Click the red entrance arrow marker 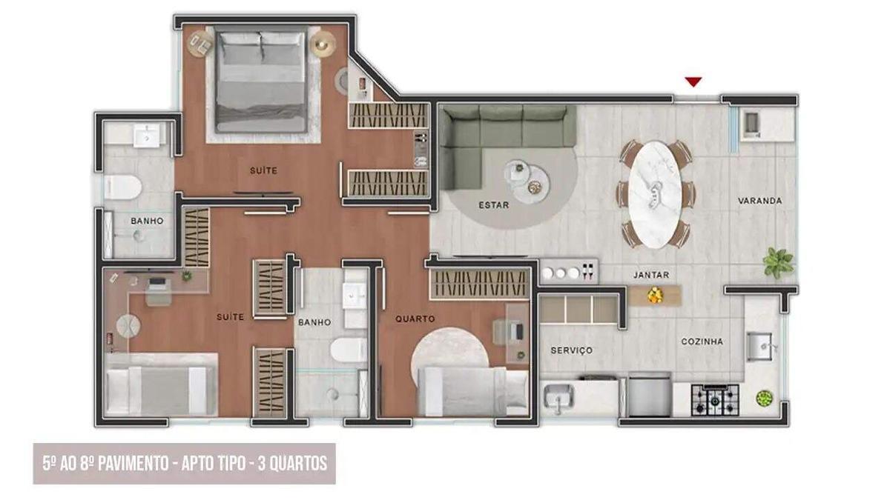click(693, 81)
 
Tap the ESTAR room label click(493, 205)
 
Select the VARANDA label click(760, 201)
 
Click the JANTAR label click(651, 275)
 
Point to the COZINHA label click(702, 341)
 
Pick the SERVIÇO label click(571, 350)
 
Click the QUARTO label click(415, 319)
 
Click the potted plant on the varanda click(778, 261)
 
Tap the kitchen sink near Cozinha click(761, 345)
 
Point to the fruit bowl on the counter click(654, 296)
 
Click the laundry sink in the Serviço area click(558, 399)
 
